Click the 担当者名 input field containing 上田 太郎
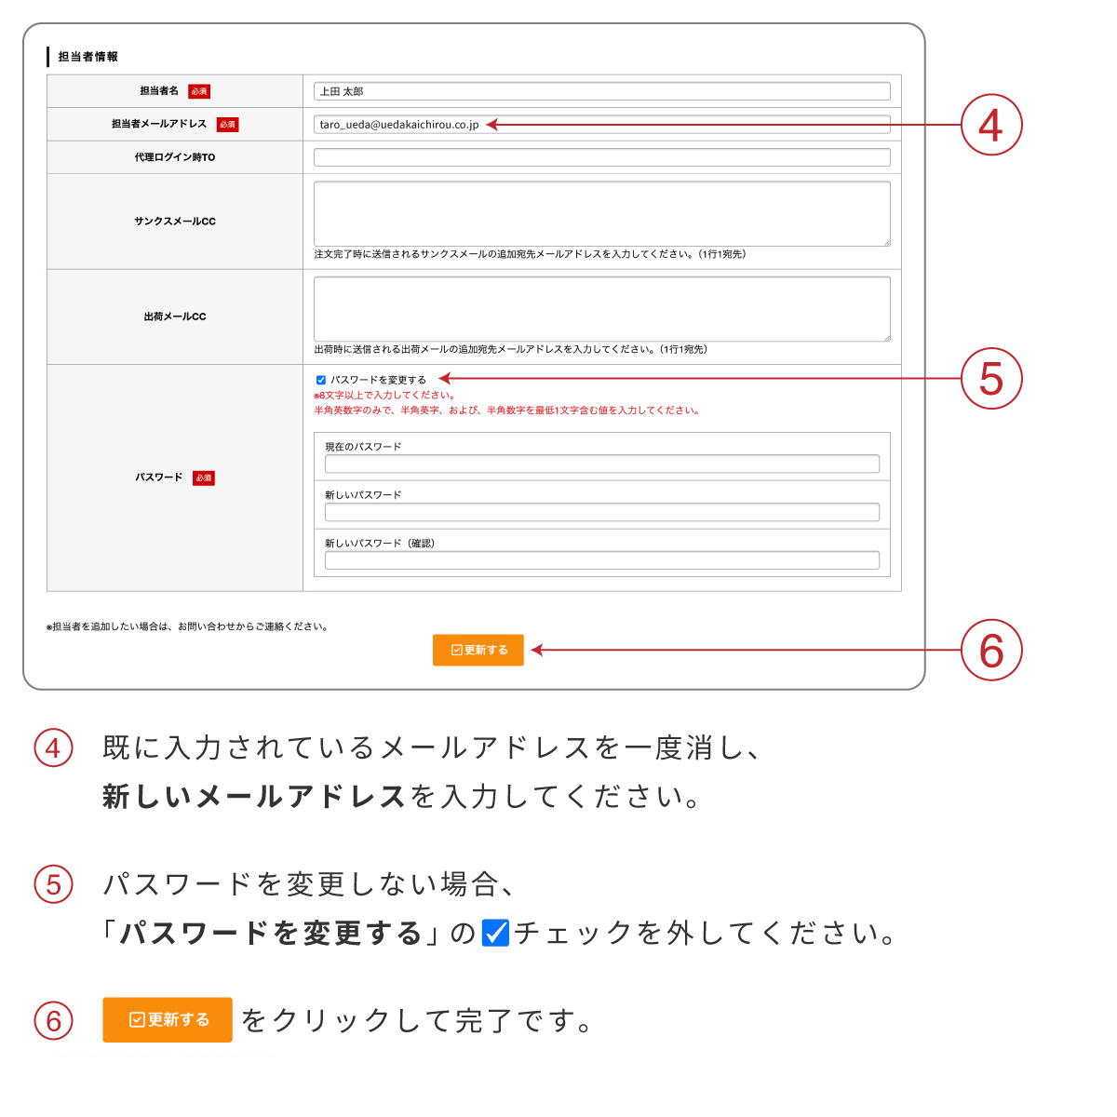tap(601, 91)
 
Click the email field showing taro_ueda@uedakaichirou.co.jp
tap(601, 124)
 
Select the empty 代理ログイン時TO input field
tap(601, 157)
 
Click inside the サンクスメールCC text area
tap(601, 213)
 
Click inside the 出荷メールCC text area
tap(601, 309)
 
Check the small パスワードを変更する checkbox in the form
tap(320, 380)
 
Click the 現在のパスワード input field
tap(601, 464)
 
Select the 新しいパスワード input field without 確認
tap(601, 512)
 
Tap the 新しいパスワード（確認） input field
tap(601, 560)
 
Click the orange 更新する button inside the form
tap(478, 650)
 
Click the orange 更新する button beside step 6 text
tap(168, 1019)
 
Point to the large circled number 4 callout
tap(991, 125)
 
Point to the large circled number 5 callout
tap(991, 379)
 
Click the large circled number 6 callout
tap(991, 650)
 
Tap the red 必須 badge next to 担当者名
tap(199, 91)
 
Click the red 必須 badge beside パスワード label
tap(204, 478)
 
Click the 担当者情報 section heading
tap(88, 56)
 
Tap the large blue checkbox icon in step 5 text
tap(495, 933)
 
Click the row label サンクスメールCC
tap(175, 221)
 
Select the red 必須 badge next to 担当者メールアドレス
tap(227, 124)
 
